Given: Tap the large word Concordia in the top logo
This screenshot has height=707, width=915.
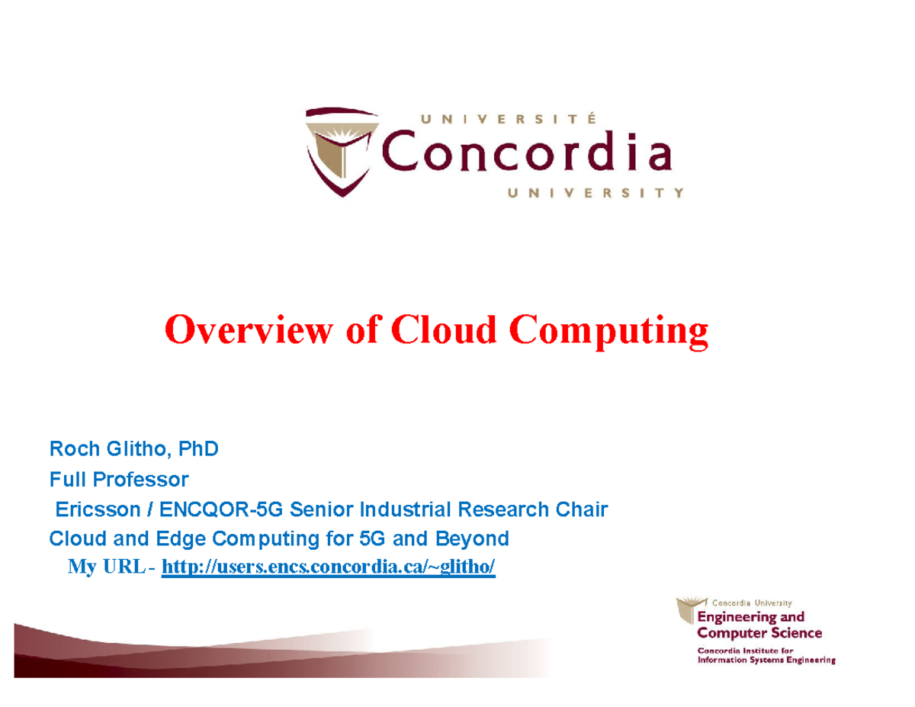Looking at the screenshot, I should [526, 155].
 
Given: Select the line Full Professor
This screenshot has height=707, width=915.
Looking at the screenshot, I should [118, 480].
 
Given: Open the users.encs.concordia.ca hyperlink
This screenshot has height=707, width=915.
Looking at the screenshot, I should [329, 567].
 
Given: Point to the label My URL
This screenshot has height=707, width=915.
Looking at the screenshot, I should [107, 567].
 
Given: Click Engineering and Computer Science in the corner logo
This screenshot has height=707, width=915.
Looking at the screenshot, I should [759, 625].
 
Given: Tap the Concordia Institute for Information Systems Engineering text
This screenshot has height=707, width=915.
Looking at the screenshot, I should [766, 655].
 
